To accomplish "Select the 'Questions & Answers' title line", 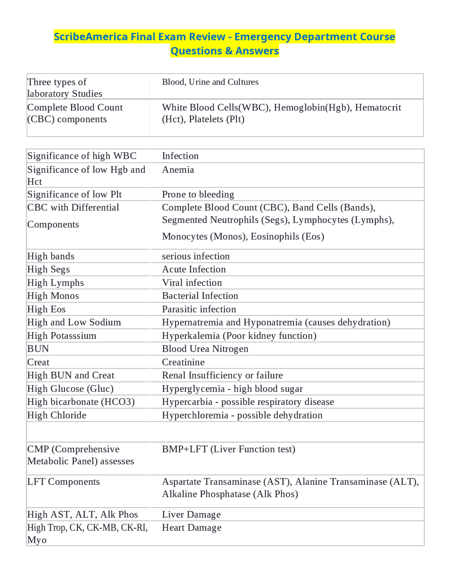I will tap(225, 51).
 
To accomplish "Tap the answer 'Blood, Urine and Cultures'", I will tap(210, 82).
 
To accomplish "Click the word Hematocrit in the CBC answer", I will tap(378, 107).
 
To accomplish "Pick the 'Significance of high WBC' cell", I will tap(82, 156).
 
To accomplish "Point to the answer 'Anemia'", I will tap(178, 170).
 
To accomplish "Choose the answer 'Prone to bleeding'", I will tap(198, 194).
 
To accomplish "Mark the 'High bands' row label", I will tap(51, 256).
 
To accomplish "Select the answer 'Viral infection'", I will tap(192, 283).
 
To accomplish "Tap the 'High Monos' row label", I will tap(53, 296).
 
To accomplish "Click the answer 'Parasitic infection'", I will tap(199, 309).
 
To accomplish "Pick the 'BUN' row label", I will tap(38, 349).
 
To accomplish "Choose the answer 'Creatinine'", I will tap(183, 362).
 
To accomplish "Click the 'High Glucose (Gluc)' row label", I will tap(70, 389).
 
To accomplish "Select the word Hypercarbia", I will tap(187, 402).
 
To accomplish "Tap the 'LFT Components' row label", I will tap(64, 482).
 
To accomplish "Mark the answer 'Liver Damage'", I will tap(191, 515).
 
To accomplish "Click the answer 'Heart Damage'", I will tap(192, 528).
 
